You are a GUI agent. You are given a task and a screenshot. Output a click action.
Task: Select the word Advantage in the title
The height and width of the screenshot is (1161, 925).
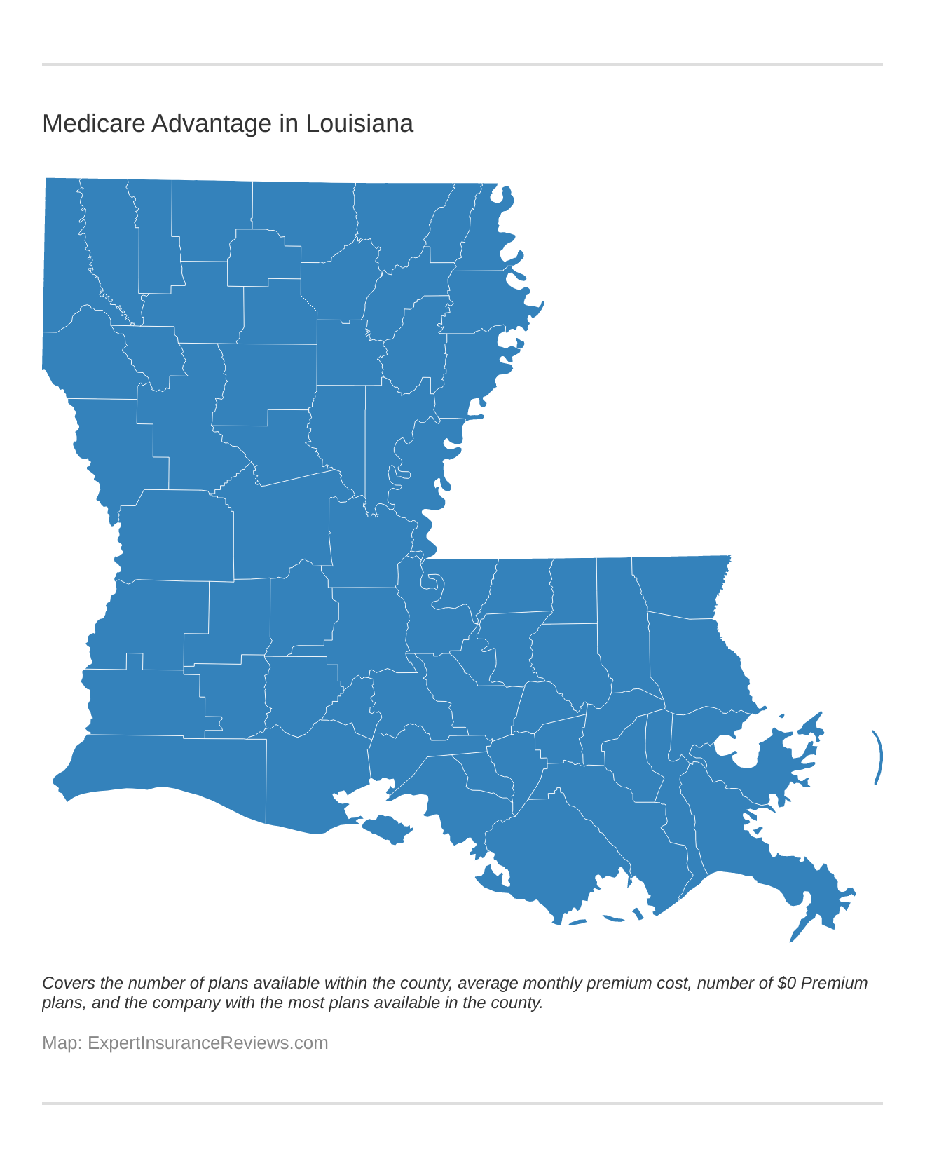(212, 124)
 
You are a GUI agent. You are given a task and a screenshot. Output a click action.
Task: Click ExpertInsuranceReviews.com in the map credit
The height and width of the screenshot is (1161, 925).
(207, 1043)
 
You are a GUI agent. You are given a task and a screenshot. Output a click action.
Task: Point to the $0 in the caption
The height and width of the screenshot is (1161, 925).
(786, 983)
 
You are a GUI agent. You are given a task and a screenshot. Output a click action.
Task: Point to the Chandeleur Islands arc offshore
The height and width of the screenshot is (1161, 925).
(878, 757)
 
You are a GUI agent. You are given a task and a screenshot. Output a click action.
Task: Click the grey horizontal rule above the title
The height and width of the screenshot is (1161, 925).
(463, 64)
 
